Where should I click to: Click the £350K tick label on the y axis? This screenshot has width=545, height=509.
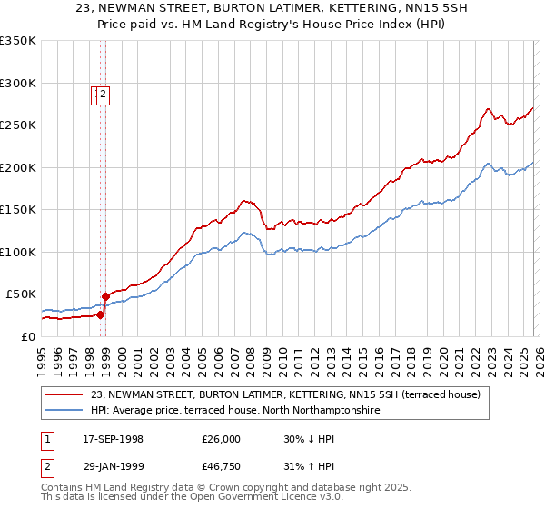pos(17,41)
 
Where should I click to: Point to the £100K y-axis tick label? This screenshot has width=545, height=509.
pos(17,252)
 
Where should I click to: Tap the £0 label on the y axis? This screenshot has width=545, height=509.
pos(29,336)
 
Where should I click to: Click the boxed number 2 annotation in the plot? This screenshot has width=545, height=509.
pos(104,93)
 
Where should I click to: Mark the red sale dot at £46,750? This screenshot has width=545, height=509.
pos(105,296)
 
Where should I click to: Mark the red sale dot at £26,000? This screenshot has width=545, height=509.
pos(100,314)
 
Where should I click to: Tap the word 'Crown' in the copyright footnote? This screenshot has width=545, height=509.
pos(234,488)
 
